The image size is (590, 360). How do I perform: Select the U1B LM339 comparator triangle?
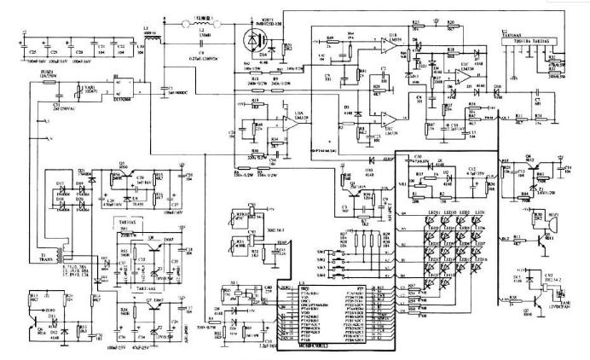[390, 48]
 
